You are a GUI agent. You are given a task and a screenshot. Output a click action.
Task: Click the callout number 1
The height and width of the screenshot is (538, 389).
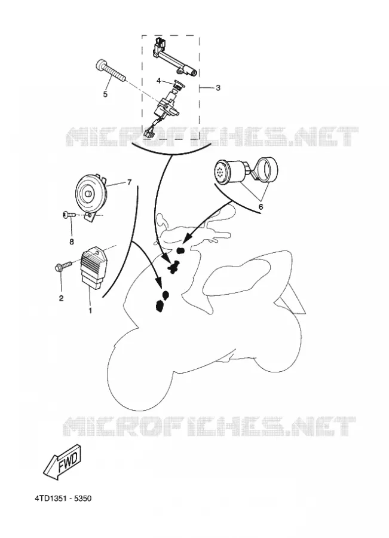(x=90, y=310)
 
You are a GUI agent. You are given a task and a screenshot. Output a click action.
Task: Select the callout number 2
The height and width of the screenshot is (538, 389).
(x=61, y=298)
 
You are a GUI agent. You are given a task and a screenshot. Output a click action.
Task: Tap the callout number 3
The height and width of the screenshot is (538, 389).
(x=218, y=88)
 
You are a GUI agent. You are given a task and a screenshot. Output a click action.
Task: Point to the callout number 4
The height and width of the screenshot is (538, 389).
(x=158, y=81)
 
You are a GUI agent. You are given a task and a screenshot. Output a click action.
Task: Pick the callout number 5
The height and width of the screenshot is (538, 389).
(x=105, y=94)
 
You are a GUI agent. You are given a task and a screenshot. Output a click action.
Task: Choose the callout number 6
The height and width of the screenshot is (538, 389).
(x=261, y=207)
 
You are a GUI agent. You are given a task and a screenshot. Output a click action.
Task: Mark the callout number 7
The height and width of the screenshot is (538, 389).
(x=129, y=182)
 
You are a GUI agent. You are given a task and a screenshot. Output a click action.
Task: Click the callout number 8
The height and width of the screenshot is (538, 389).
(x=71, y=242)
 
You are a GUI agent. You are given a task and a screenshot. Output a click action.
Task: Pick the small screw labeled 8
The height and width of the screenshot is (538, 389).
(x=69, y=215)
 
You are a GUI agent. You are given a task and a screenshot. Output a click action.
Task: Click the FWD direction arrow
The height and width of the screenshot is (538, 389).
(x=63, y=461)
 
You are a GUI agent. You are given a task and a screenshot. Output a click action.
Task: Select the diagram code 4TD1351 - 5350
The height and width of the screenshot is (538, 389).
(x=63, y=498)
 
